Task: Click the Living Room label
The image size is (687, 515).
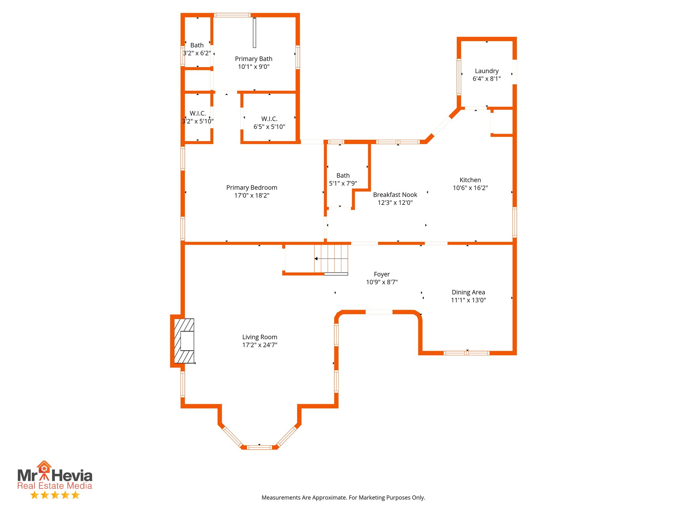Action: pyautogui.click(x=260, y=337)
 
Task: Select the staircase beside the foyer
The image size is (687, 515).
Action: pyautogui.click(x=331, y=259)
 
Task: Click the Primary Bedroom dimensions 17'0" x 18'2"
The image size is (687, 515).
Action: pyautogui.click(x=252, y=195)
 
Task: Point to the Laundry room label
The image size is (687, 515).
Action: pyautogui.click(x=486, y=71)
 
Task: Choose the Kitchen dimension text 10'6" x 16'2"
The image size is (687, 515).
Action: pyautogui.click(x=470, y=188)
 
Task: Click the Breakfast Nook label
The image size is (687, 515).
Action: pyautogui.click(x=395, y=195)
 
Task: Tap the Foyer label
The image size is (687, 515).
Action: pyautogui.click(x=382, y=274)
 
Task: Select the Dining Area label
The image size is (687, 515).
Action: pyautogui.click(x=468, y=292)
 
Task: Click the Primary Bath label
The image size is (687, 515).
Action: pyautogui.click(x=254, y=59)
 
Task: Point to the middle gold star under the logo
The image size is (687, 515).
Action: pyautogui.click(x=55, y=495)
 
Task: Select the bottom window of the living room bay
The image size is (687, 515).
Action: pyautogui.click(x=259, y=447)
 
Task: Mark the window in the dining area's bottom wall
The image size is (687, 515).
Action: pyautogui.click(x=466, y=353)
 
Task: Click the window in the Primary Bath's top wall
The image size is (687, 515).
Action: pyautogui.click(x=232, y=15)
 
